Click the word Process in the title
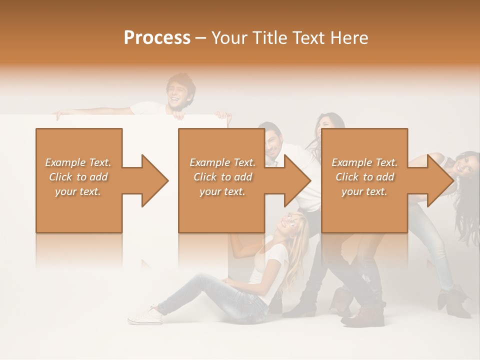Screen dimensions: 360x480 point(157,38)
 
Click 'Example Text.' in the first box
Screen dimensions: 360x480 point(78,162)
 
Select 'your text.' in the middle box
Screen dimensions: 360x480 point(222,191)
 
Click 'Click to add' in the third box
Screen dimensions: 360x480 point(364,177)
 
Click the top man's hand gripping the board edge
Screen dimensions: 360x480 point(178,115)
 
